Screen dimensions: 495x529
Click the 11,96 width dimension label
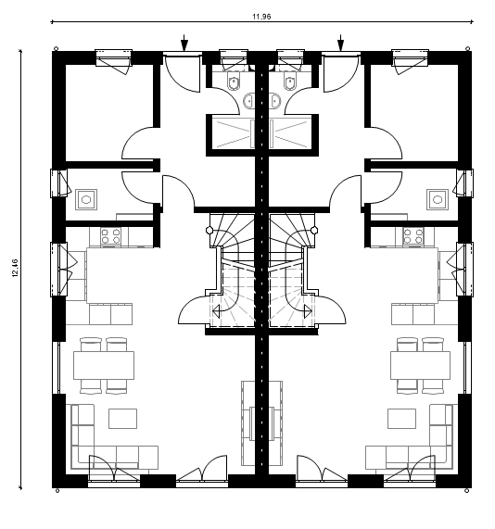click(x=261, y=17)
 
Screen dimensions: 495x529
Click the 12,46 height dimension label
click(x=16, y=269)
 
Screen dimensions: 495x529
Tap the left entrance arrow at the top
click(x=184, y=43)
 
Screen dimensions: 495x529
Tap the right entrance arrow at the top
click(x=341, y=43)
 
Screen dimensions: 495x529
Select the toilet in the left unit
click(x=233, y=81)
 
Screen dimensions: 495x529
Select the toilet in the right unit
click(x=289, y=81)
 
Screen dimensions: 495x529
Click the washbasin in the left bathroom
click(x=248, y=101)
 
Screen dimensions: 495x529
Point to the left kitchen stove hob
click(x=111, y=235)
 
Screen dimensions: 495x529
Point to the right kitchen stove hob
click(x=412, y=235)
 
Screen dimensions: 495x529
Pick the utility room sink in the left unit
click(x=86, y=199)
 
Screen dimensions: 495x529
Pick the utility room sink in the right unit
click(x=438, y=199)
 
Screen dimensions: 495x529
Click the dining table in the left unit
click(x=104, y=365)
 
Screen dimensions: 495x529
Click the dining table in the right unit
click(x=420, y=365)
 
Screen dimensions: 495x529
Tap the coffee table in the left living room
click(x=122, y=419)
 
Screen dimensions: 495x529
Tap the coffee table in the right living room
click(x=401, y=419)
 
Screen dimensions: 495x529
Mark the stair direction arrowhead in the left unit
click(x=216, y=311)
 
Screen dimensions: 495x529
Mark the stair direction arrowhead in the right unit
click(x=308, y=311)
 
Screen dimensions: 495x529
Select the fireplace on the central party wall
click(x=261, y=423)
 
